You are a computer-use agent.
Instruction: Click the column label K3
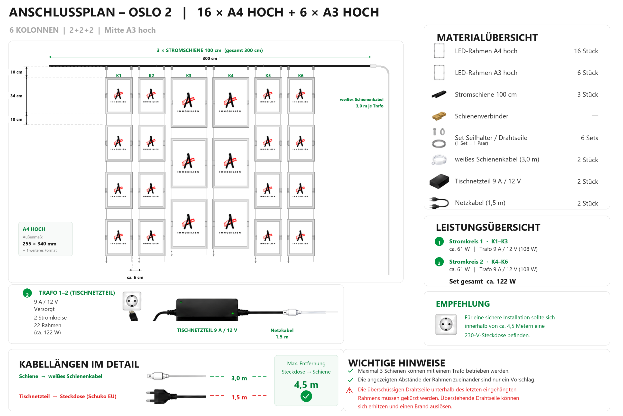pos(189,76)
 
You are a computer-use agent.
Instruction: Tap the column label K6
pos(301,76)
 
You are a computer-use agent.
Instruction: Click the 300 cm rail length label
pos(210,58)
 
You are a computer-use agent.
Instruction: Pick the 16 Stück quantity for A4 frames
pos(586,51)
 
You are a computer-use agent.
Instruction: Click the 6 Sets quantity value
pos(589,138)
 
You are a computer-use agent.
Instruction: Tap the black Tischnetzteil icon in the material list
pos(439,181)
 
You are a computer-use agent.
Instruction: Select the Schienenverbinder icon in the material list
pos(439,116)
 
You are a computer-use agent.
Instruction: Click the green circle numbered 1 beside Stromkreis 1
pos(439,242)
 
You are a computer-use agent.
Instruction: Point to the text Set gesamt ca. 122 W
pos(482,282)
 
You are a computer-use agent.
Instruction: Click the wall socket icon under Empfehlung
pos(446,324)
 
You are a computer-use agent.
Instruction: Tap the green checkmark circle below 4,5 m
pos(306,396)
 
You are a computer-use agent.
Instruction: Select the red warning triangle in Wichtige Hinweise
pos(349,390)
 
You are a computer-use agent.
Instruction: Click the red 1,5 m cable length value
pos(239,397)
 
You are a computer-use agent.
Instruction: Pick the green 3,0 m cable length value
pos(239,378)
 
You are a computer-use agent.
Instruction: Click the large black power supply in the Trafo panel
pos(207,309)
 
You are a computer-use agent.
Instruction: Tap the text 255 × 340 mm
pos(39,244)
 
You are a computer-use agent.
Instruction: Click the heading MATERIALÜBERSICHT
pos(487,38)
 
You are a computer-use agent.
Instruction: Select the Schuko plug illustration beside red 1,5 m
pos(176,397)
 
